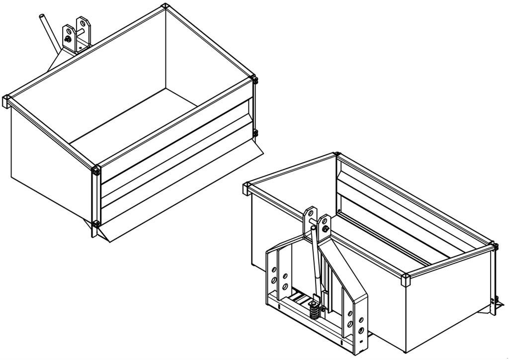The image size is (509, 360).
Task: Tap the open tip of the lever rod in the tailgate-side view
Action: click(x=41, y=17)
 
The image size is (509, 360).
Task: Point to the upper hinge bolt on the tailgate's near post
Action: click(x=95, y=172)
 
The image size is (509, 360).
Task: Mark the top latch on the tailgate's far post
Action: click(x=255, y=80)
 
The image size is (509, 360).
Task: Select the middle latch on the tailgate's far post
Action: click(x=255, y=133)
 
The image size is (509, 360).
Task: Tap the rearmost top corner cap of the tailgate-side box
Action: click(x=165, y=6)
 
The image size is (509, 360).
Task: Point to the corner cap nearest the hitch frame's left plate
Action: click(x=247, y=188)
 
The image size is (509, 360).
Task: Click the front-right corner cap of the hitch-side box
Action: click(x=405, y=279)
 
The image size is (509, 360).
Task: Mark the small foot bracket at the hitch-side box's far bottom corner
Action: click(x=495, y=301)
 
